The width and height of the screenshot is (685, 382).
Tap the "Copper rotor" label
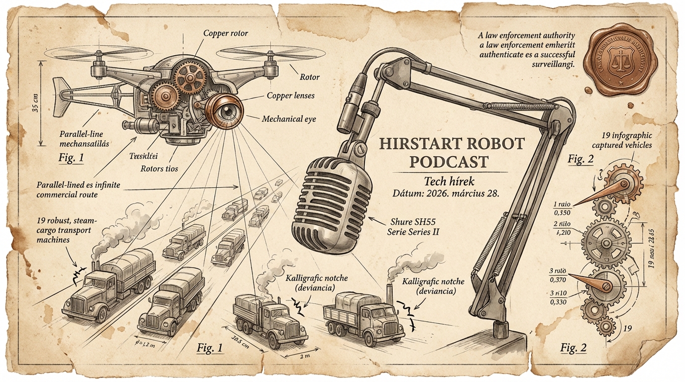(x=226, y=33)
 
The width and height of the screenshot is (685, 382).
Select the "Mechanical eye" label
(x=288, y=119)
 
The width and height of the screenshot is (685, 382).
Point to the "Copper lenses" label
(x=291, y=95)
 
